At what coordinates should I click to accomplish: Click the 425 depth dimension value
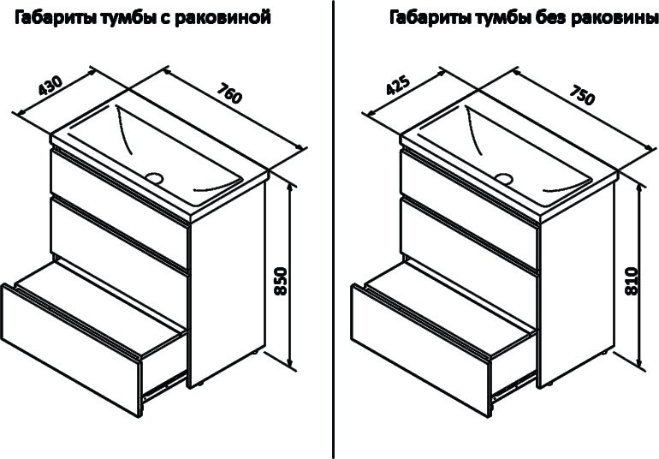(x=399, y=88)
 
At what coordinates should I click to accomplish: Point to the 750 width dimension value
(x=581, y=94)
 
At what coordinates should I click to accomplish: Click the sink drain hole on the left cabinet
(x=155, y=178)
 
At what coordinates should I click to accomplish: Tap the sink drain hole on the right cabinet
(x=504, y=179)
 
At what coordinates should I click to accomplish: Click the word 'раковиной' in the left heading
(x=232, y=17)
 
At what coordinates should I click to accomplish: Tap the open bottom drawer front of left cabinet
(x=68, y=337)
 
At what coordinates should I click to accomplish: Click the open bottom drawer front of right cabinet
(x=419, y=337)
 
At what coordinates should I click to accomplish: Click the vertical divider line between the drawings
(x=332, y=231)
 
